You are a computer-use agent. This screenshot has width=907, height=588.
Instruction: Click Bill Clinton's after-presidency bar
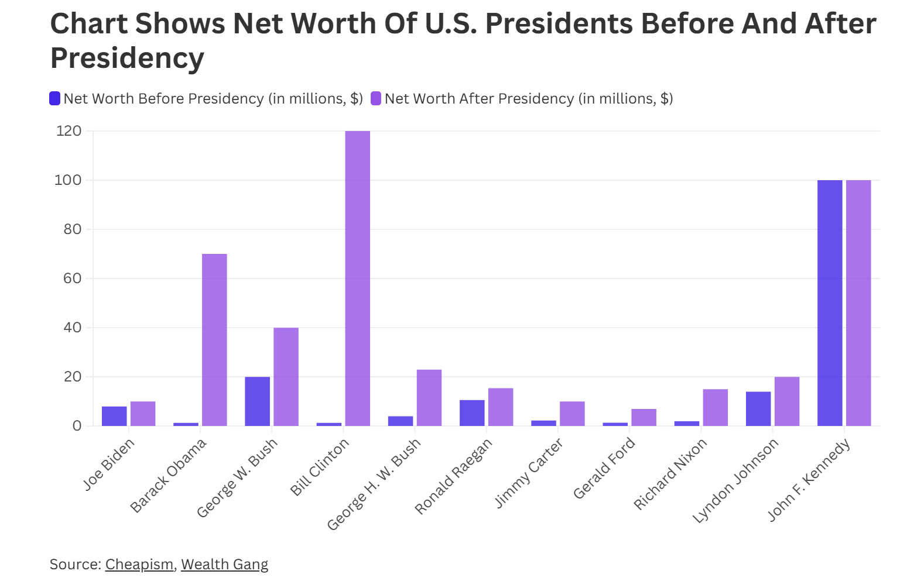pyautogui.click(x=358, y=278)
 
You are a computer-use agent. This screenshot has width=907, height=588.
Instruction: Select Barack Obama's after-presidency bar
pyautogui.click(x=214, y=339)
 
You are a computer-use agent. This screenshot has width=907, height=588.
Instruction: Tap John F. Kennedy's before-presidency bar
pyautogui.click(x=830, y=302)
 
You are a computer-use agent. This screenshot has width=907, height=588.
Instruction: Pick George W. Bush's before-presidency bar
pyautogui.click(x=258, y=401)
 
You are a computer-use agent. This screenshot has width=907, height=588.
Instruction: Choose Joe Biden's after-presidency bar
pyautogui.click(x=143, y=414)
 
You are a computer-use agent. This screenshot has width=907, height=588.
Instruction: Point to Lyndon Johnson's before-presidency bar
pyautogui.click(x=758, y=408)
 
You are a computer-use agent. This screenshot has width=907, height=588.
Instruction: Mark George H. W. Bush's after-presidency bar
pyautogui.click(x=429, y=397)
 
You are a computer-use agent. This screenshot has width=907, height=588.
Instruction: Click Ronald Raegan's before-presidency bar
pyautogui.click(x=472, y=412)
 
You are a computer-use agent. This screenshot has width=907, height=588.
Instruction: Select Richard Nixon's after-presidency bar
pyautogui.click(x=716, y=407)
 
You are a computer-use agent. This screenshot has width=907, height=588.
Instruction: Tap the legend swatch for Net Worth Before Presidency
pyautogui.click(x=55, y=98)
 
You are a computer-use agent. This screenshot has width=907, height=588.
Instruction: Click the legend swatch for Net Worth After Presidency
pyautogui.click(x=376, y=98)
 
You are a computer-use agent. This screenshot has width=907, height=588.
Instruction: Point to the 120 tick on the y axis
pyautogui.click(x=69, y=131)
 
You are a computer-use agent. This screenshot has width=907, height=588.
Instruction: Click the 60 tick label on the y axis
pyautogui.click(x=73, y=278)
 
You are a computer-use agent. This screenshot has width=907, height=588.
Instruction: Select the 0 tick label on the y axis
pyautogui.click(x=77, y=426)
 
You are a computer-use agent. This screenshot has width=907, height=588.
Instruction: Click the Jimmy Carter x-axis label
pyautogui.click(x=529, y=473)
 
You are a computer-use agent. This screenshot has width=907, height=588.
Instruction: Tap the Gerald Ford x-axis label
pyautogui.click(x=604, y=468)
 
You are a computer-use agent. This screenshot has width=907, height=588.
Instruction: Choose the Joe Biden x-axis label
pyautogui.click(x=109, y=464)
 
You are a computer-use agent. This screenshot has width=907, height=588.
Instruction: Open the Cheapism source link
pyautogui.click(x=139, y=564)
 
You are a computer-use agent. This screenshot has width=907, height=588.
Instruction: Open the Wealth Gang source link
pyautogui.click(x=224, y=564)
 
